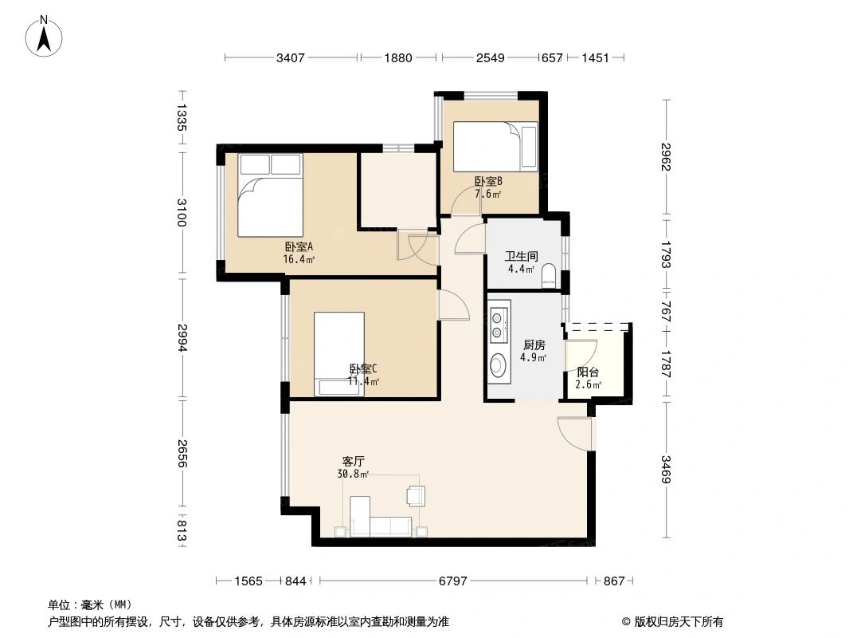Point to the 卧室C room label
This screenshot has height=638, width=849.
click(363, 368)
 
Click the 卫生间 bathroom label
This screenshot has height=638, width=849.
click(522, 257)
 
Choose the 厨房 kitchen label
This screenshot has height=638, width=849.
click(534, 345)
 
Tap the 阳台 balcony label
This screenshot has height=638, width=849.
click(588, 372)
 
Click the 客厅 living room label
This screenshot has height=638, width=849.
click(354, 461)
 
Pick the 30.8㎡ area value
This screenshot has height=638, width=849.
click(354, 474)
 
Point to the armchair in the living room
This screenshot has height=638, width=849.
click(415, 495)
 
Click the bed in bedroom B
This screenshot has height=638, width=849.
click(495, 145)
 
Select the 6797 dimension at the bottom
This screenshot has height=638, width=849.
click(453, 581)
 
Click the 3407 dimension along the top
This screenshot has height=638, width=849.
click(291, 57)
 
